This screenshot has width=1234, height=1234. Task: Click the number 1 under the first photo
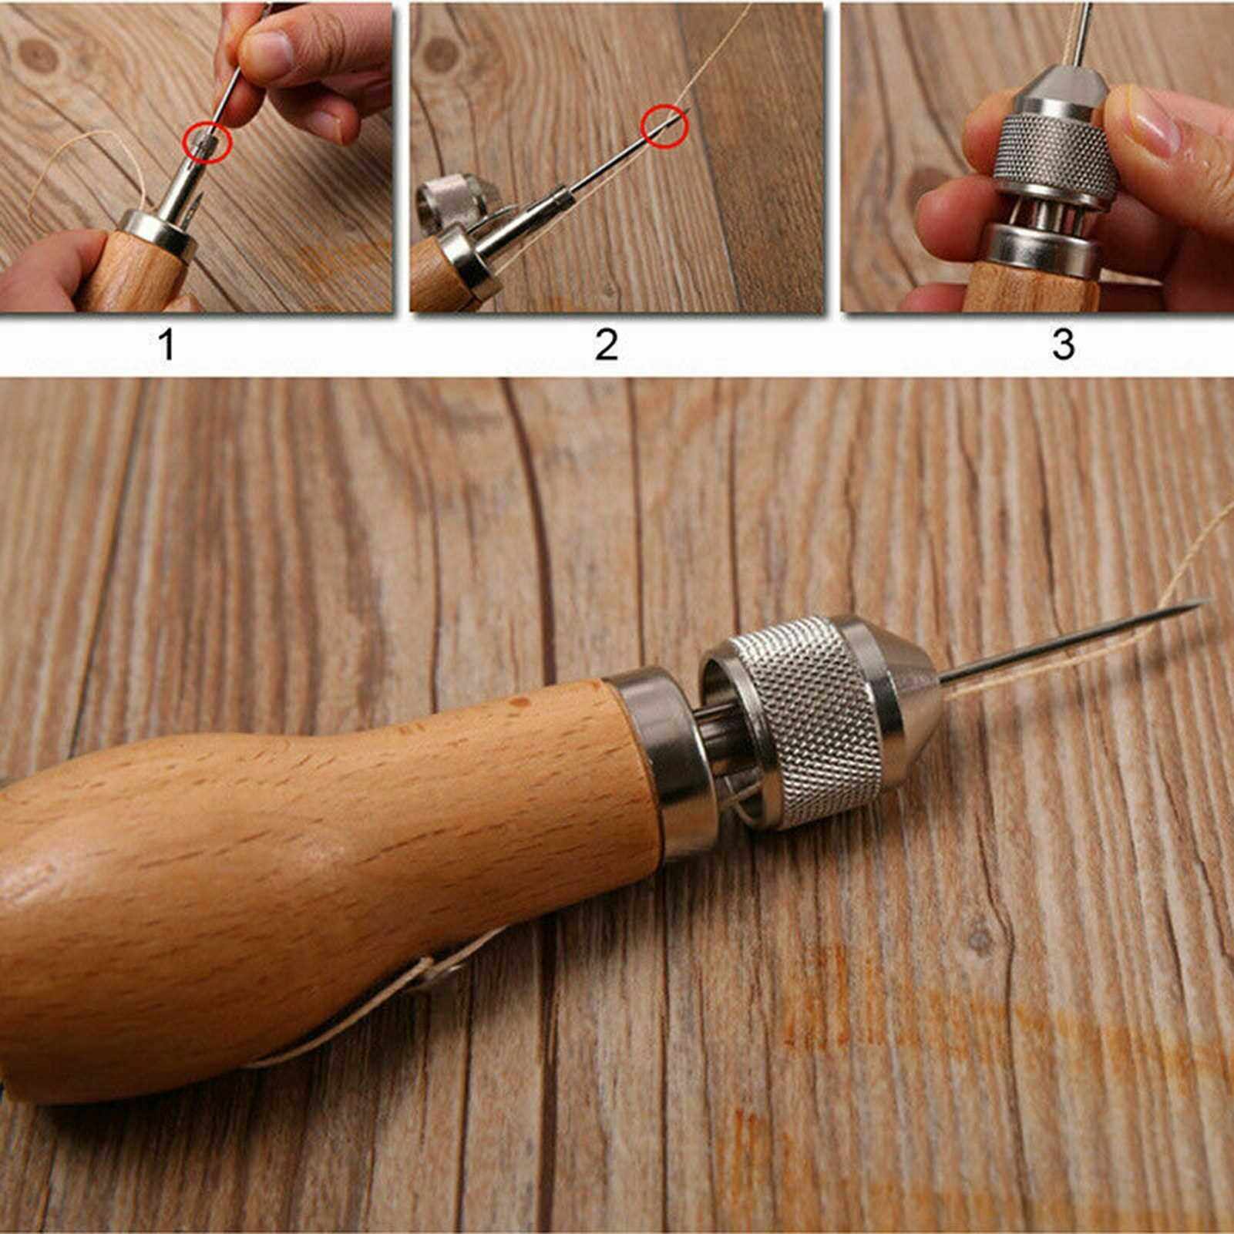(x=166, y=344)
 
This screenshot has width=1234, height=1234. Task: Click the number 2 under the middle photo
(x=607, y=344)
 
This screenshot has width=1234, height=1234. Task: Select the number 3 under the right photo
(x=1063, y=344)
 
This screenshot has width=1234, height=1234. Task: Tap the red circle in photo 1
(x=207, y=143)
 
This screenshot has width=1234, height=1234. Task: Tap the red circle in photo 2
(x=664, y=126)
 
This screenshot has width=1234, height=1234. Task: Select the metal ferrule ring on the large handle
(x=655, y=763)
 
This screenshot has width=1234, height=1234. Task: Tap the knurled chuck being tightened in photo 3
(x=1056, y=154)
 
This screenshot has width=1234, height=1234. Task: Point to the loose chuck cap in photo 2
(x=451, y=197)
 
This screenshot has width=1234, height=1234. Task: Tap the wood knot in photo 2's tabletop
(x=441, y=54)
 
